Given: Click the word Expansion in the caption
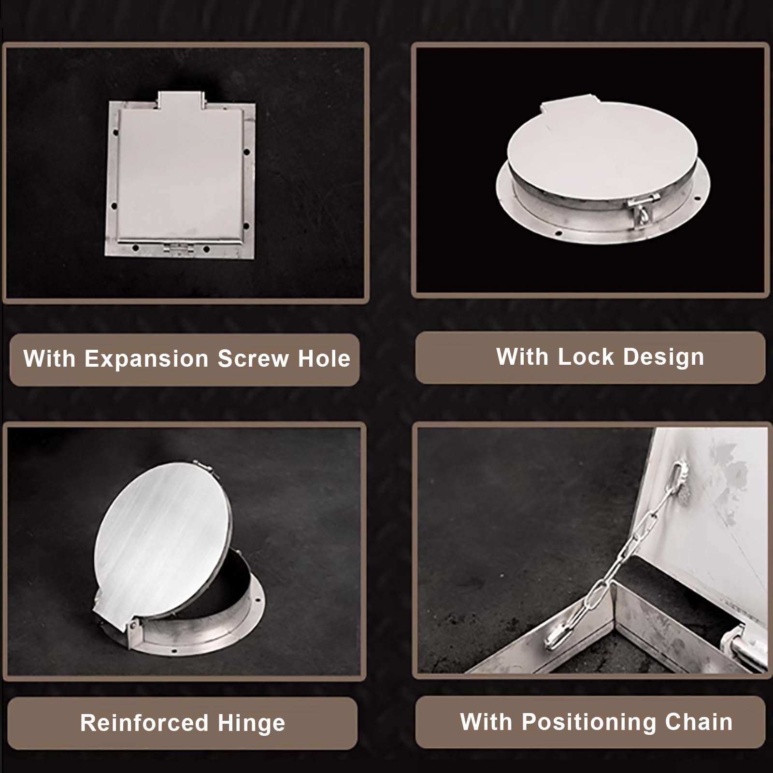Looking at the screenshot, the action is [x=147, y=358].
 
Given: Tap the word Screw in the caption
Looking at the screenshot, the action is [x=253, y=358].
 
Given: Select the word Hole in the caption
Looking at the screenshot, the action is [x=324, y=358].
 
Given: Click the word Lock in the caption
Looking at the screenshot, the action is [x=586, y=357].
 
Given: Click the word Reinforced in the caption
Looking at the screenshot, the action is [x=144, y=723].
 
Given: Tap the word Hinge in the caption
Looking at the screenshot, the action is [x=251, y=724].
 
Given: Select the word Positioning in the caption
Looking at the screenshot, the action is [x=589, y=722].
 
